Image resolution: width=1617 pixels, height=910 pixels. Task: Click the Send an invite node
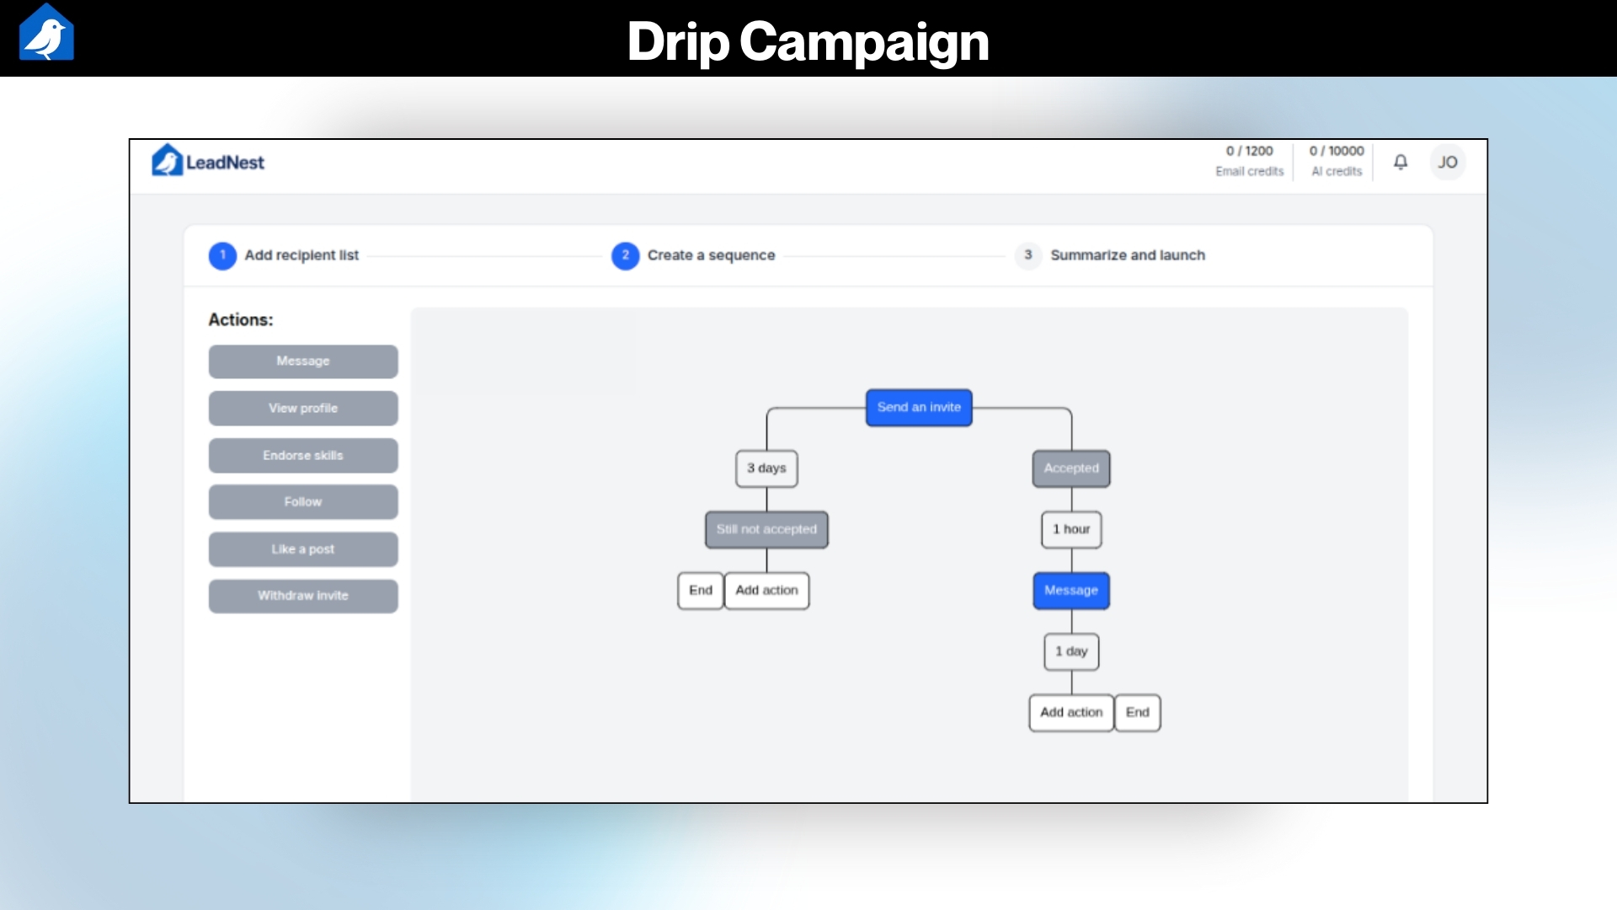coord(919,408)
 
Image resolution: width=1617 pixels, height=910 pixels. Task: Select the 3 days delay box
coord(766,468)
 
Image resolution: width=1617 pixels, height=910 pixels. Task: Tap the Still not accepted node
coord(766,530)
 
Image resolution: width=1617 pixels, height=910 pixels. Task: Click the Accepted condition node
coord(1071,468)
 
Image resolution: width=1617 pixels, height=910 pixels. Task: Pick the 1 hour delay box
coord(1071,530)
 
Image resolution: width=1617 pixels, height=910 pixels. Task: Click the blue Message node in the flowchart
coord(1071,591)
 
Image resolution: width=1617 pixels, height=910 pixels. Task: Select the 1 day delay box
coord(1071,651)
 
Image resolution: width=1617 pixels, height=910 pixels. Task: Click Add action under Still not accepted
coord(766,591)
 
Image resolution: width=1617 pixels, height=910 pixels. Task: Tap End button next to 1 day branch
coord(1137,713)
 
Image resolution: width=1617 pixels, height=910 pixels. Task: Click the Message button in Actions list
coord(303,361)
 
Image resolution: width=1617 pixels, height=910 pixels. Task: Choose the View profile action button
coord(303,409)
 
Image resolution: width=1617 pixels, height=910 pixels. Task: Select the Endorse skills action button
coord(303,456)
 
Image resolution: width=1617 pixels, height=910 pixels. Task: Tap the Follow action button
coord(303,502)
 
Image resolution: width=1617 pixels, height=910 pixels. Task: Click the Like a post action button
coord(303,549)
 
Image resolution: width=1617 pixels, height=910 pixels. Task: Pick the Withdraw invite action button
coord(303,596)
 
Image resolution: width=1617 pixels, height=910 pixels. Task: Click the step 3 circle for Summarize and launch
coord(1027,255)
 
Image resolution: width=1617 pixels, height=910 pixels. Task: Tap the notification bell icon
coord(1401,162)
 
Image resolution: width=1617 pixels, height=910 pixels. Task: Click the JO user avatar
coord(1447,162)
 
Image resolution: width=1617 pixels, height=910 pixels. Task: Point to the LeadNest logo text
coord(225,163)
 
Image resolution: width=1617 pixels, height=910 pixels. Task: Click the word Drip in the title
coord(678,40)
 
